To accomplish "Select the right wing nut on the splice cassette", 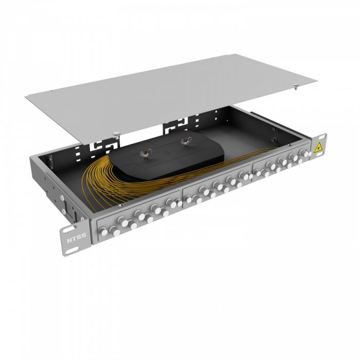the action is [x=186, y=141].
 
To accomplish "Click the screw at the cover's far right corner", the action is [x=296, y=86].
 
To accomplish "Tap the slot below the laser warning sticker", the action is [x=320, y=156].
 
